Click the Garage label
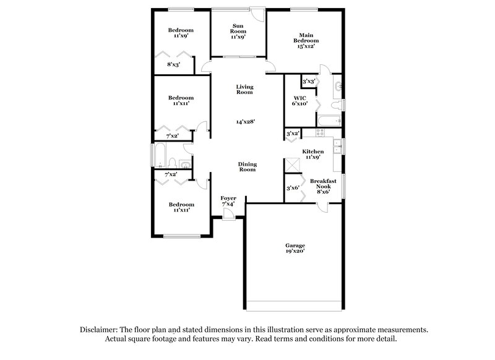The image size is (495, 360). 295,249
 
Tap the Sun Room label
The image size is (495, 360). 238,31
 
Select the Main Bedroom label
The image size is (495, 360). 304,40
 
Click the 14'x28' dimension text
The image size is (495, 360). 245,122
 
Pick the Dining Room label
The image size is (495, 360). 247,167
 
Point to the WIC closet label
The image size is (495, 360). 300,100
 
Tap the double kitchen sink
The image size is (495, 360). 337,147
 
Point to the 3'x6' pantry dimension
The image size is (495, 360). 293,188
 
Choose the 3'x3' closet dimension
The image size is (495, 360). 309,81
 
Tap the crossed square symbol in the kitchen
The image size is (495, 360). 292,165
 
